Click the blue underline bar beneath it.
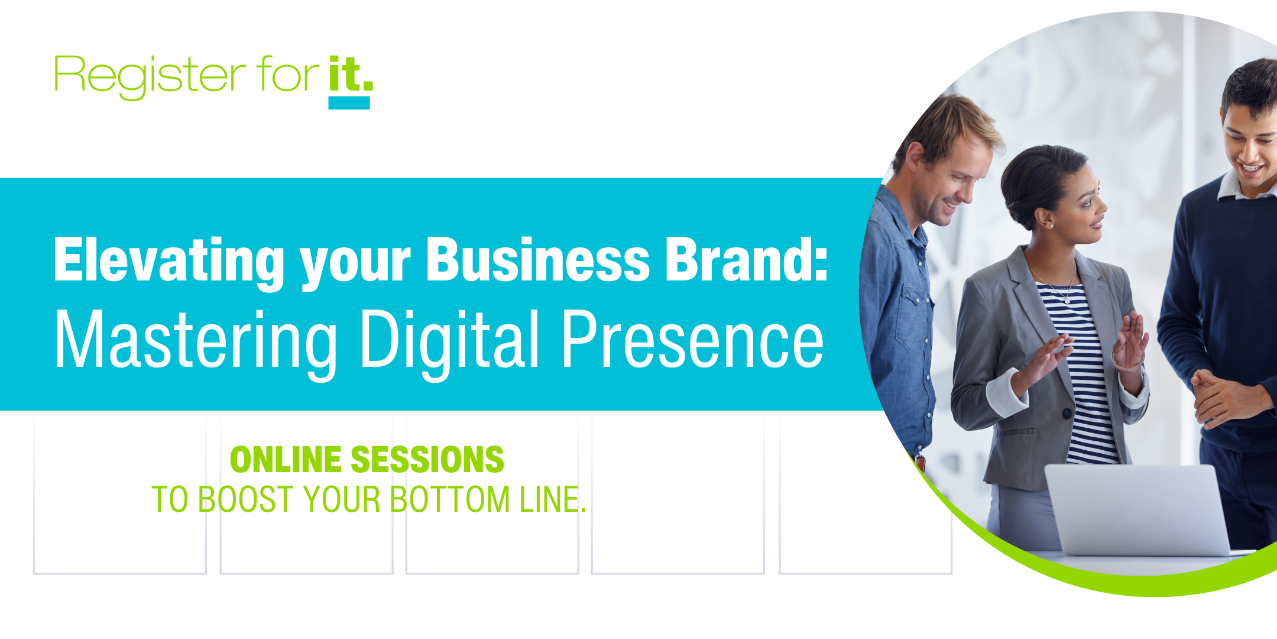coord(349,103)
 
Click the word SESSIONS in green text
coord(427,460)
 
